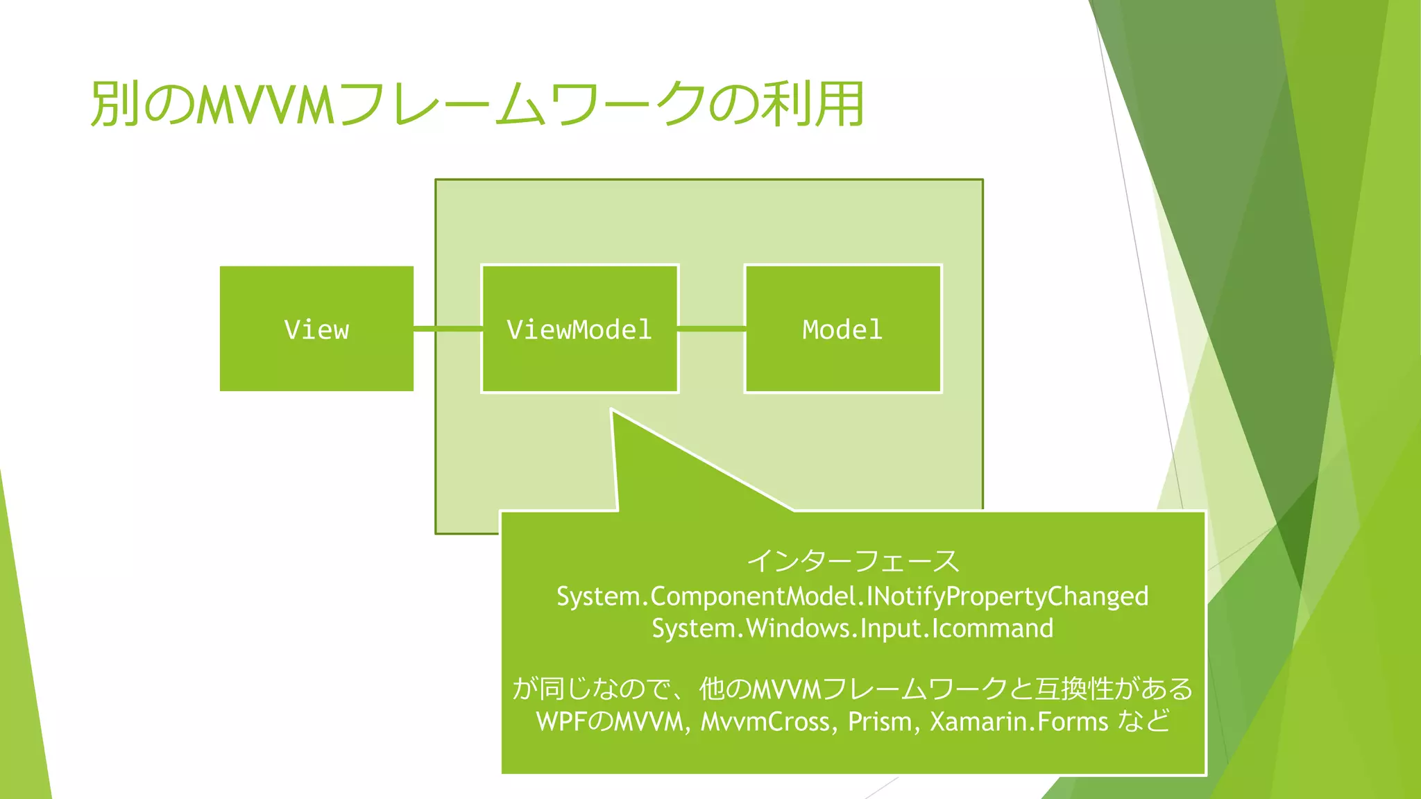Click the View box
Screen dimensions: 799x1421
click(x=316, y=329)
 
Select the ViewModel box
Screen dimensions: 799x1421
click(x=579, y=329)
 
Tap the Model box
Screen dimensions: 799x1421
click(x=842, y=329)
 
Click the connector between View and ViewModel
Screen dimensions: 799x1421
click(x=448, y=329)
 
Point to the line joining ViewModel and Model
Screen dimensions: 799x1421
click(x=711, y=329)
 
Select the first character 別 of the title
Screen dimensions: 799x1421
click(x=114, y=104)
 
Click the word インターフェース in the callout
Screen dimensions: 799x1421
click(x=853, y=560)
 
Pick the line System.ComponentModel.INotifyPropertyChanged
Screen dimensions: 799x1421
click(x=853, y=596)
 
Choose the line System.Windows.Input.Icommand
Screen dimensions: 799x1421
click(x=853, y=628)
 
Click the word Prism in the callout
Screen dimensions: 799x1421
click(x=879, y=722)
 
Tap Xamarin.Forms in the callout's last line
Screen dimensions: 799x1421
click(x=1019, y=722)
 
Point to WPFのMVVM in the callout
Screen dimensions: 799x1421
click(x=611, y=722)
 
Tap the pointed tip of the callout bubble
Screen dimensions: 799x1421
click(x=613, y=413)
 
